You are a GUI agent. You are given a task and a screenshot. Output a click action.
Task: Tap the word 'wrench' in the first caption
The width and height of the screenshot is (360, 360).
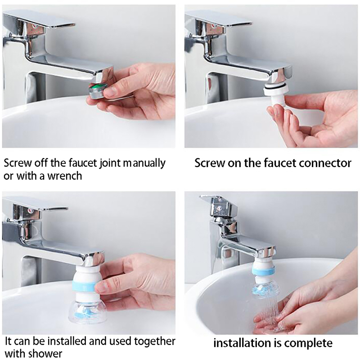tap(65, 176)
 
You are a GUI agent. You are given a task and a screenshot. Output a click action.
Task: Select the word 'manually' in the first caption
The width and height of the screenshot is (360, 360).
tap(144, 163)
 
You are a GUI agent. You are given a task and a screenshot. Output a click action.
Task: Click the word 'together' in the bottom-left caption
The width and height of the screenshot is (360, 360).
tap(154, 341)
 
